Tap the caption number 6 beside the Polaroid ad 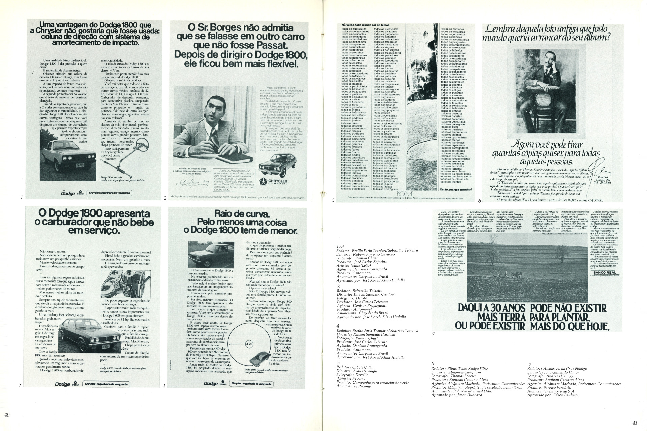(x=479, y=201)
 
